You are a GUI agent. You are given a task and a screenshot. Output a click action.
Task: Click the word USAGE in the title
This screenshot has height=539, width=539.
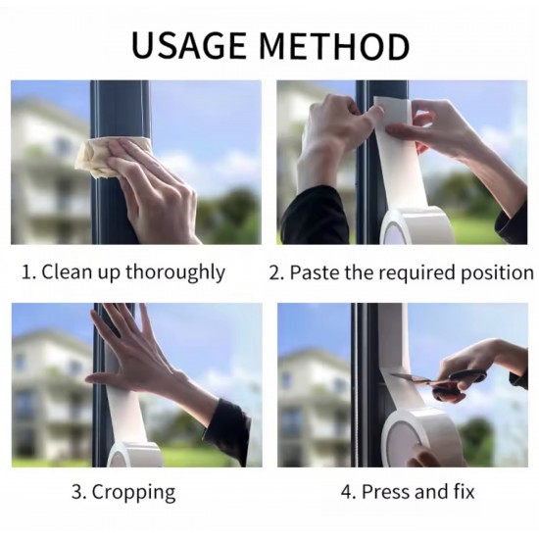189,46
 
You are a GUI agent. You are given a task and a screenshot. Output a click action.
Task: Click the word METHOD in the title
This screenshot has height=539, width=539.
334,46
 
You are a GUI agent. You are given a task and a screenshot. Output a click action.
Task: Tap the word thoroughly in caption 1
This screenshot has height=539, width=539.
175,272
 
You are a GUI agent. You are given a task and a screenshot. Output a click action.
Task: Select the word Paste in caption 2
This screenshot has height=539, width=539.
315,272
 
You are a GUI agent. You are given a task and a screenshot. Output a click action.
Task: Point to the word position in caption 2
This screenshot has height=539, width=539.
497,273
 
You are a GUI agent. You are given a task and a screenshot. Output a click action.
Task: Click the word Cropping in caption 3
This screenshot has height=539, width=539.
133,492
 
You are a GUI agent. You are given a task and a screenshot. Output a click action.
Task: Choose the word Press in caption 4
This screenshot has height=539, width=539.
385,492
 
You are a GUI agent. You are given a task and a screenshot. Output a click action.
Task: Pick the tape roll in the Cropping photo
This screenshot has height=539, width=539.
135,455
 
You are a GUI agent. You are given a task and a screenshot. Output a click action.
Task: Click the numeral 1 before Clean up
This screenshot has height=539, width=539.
25,272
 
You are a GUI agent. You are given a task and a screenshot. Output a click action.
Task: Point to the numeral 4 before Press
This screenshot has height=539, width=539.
347,492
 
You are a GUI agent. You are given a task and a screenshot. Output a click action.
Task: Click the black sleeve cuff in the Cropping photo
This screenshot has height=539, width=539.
229,430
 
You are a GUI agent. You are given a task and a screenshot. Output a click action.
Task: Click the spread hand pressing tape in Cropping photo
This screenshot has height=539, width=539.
137,358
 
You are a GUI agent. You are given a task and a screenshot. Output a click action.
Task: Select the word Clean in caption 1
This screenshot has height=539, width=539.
67,272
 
